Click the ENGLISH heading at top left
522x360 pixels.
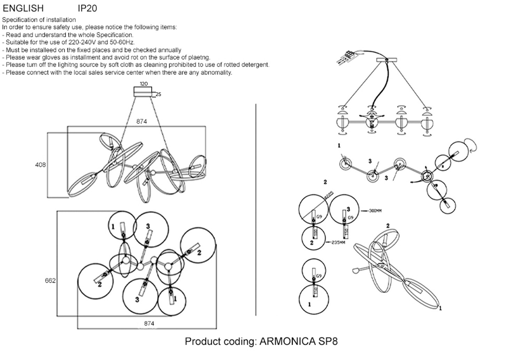(23, 8)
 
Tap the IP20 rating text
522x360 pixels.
(87, 8)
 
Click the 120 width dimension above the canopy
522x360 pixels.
(144, 84)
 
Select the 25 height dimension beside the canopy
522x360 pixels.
(158, 94)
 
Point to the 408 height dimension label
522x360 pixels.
(40, 165)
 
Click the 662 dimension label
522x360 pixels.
(50, 280)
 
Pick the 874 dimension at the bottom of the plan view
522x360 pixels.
(149, 323)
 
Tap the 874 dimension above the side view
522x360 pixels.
(142, 121)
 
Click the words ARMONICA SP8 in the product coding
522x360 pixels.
(299, 341)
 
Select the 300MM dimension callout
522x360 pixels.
(375, 211)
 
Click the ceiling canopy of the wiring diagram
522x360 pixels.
(387, 61)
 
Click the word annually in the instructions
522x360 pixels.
(169, 50)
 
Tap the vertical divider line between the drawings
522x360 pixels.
(256, 209)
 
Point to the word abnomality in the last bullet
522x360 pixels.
(216, 72)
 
